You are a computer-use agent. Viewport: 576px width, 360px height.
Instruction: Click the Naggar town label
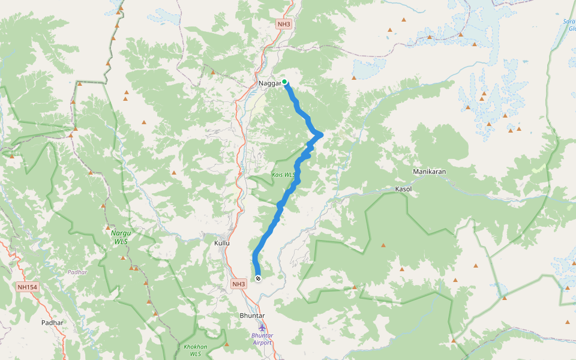(x=269, y=83)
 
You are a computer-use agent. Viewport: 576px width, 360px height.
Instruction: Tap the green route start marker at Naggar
(x=285, y=82)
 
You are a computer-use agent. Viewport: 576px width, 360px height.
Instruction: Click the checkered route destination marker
(x=258, y=278)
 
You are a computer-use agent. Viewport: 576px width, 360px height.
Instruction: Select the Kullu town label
(x=222, y=243)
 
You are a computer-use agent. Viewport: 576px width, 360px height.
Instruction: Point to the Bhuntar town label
(x=252, y=316)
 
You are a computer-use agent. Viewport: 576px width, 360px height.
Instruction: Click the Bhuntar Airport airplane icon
(x=262, y=327)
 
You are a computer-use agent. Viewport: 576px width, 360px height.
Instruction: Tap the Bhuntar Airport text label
(x=262, y=339)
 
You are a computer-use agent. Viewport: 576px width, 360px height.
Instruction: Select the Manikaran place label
(x=429, y=172)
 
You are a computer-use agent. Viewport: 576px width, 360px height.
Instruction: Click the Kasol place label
(x=404, y=189)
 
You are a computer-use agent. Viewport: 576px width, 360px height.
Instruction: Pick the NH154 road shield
(x=28, y=287)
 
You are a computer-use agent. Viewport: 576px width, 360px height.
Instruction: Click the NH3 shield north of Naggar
(x=284, y=25)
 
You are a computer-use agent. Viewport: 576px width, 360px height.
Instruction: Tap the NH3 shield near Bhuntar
(x=239, y=284)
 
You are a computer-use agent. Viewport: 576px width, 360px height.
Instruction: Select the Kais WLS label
(x=284, y=175)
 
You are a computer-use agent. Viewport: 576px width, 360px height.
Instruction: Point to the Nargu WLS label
(x=121, y=236)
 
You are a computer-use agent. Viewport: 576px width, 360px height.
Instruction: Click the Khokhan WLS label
(x=196, y=350)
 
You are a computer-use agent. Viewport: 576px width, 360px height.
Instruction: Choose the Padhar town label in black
(x=53, y=323)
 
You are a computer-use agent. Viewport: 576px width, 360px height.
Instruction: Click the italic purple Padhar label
(x=77, y=272)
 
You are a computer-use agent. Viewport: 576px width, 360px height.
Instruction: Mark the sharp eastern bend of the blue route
(x=322, y=134)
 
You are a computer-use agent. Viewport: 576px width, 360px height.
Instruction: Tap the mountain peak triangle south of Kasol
(x=383, y=245)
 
